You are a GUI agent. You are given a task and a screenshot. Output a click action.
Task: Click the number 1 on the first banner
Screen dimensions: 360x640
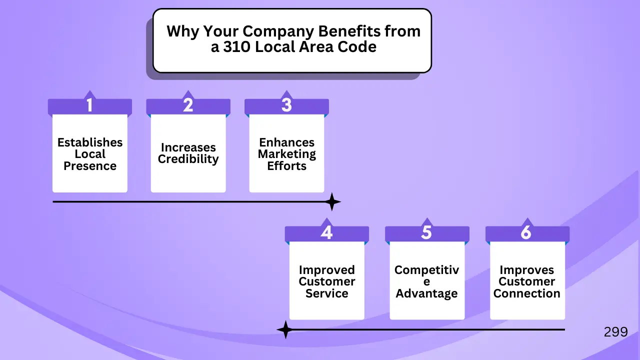point(89,105)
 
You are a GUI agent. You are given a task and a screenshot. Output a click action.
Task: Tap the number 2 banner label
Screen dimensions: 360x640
point(188,105)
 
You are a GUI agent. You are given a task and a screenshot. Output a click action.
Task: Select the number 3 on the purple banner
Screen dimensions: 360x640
point(286,105)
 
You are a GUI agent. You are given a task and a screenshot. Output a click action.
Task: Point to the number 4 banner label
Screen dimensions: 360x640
point(326,232)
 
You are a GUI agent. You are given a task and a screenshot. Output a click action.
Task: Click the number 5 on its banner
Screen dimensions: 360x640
point(426,232)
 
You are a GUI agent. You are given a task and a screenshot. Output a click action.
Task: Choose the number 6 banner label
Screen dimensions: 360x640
point(526,232)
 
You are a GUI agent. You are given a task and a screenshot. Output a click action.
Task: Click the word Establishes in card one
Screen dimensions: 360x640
point(90,142)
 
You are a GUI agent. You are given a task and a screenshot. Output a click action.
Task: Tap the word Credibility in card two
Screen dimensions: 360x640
point(188,159)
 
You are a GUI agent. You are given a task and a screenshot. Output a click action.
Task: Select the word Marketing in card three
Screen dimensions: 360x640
point(287,154)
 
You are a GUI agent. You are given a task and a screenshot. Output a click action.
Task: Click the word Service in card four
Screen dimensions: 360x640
point(326,293)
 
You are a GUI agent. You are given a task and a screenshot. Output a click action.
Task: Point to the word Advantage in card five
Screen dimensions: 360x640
point(426,293)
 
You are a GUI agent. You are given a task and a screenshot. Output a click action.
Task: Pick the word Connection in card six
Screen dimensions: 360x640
point(527,293)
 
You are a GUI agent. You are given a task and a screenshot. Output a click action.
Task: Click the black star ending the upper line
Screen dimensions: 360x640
point(331,202)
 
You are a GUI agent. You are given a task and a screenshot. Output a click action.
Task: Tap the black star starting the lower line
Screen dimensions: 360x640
point(285,330)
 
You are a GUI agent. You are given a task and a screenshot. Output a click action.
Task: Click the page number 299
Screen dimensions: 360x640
point(615,332)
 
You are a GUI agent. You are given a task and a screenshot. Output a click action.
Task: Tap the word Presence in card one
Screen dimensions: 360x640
point(90,166)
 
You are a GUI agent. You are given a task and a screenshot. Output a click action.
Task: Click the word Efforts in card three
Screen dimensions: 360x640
point(287,166)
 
